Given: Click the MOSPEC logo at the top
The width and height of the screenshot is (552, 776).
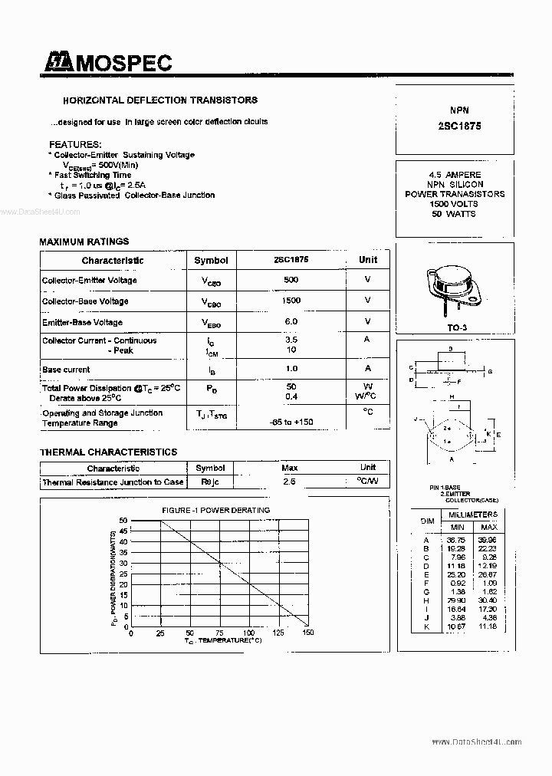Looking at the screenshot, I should point(107,63).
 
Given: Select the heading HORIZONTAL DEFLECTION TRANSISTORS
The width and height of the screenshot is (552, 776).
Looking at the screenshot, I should point(159,100).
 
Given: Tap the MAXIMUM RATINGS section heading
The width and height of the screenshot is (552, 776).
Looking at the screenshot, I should point(84,242).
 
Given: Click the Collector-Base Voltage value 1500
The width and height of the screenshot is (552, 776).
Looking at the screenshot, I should point(291,301).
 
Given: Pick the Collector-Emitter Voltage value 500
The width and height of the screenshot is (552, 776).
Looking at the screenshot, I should point(291,280).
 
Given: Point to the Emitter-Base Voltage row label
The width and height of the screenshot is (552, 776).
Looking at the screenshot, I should point(82,323).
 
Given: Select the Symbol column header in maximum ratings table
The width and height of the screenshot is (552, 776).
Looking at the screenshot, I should point(211,260).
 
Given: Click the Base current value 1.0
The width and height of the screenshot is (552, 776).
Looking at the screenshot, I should point(291,369).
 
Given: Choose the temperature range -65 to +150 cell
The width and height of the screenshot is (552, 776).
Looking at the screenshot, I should point(291,423).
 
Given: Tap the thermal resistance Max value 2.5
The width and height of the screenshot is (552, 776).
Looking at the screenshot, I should point(289,482).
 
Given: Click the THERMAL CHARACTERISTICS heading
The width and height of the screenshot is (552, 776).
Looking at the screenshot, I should point(108,452).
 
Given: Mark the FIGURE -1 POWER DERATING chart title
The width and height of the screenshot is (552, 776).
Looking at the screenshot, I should point(215,510).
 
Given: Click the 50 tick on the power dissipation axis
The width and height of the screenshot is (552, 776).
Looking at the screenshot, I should point(123,521).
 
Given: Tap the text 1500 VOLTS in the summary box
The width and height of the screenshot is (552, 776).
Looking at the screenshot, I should point(454,204).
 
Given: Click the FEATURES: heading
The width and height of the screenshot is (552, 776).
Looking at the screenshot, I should point(75,144).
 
